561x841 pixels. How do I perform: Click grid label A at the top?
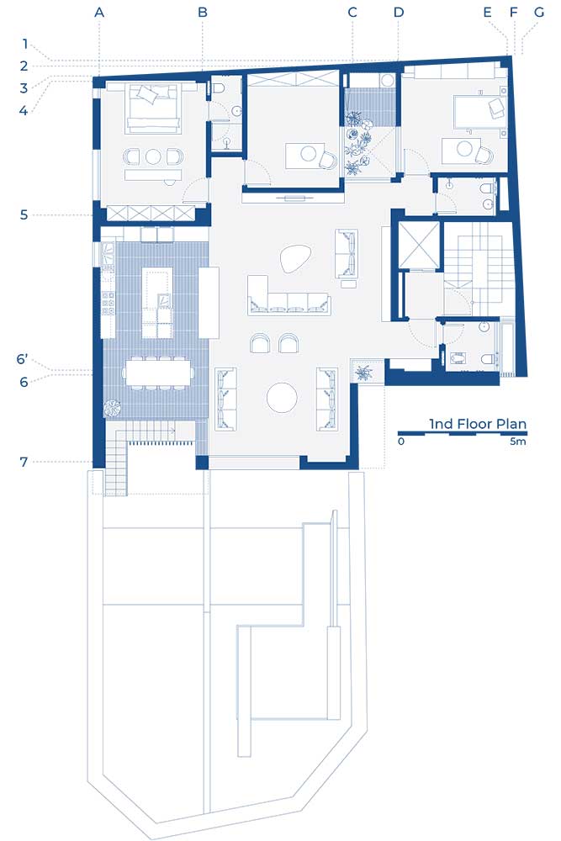[x=98, y=12]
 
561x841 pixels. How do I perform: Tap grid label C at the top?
[x=352, y=12]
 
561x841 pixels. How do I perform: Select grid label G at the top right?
[x=539, y=12]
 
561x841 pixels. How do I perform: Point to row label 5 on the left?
[x=24, y=215]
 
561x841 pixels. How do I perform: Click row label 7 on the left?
[x=24, y=462]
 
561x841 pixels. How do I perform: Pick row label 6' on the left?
[x=22, y=359]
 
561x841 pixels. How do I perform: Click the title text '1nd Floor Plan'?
[x=478, y=424]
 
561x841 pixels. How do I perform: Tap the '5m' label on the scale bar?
[x=518, y=441]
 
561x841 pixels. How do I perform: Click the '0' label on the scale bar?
[x=401, y=441]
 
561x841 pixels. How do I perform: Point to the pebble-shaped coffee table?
[x=295, y=259]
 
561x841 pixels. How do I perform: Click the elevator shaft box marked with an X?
[x=419, y=245]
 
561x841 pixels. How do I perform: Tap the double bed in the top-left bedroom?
[x=153, y=108]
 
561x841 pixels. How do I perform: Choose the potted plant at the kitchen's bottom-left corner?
[x=113, y=408]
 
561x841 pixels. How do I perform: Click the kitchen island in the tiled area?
[x=157, y=303]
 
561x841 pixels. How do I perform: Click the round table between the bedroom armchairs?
[x=153, y=156]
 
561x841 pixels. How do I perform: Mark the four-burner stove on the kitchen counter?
[x=108, y=303]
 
